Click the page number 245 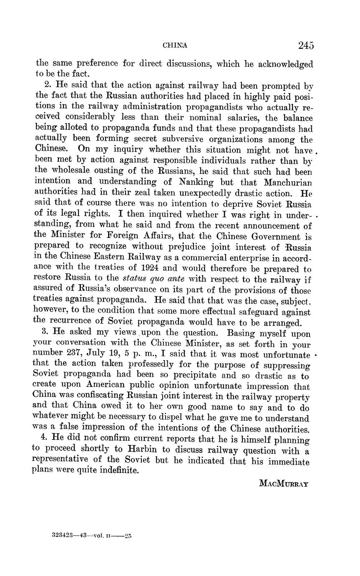click(306, 45)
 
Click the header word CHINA click(175, 45)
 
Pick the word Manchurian click(288, 182)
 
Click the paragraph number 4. click(46, 440)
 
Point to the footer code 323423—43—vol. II click(92, 534)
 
